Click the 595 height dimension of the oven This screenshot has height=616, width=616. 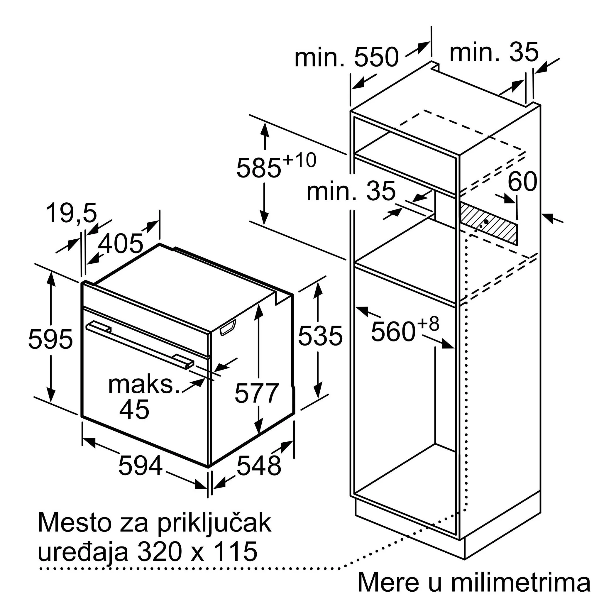click(x=50, y=339)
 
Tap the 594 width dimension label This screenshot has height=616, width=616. click(x=140, y=466)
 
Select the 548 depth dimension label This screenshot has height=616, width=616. click(x=259, y=466)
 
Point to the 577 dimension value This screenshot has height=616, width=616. click(x=257, y=393)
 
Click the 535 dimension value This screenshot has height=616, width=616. click(x=320, y=336)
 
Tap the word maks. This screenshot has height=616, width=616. click(x=144, y=385)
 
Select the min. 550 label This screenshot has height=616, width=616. click(x=347, y=57)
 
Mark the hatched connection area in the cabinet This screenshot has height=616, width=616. click(x=488, y=223)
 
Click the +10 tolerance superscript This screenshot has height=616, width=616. click(x=299, y=160)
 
